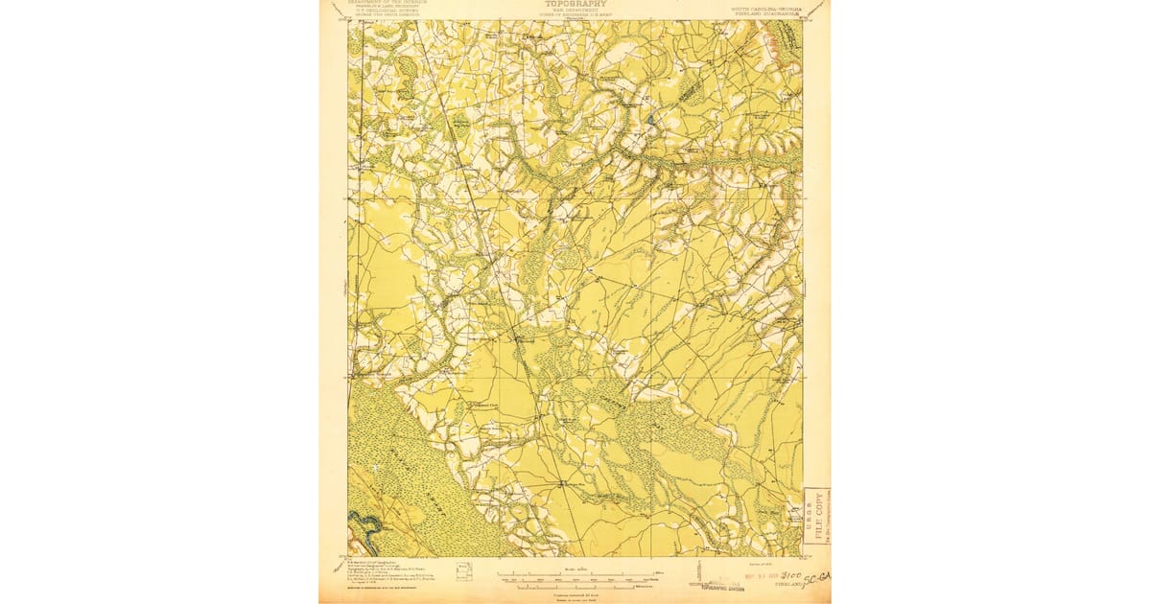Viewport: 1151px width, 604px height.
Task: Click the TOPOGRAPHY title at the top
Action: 575,4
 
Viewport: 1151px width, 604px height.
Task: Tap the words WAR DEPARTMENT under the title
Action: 575,12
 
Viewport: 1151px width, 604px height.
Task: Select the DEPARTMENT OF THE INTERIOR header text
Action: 388,3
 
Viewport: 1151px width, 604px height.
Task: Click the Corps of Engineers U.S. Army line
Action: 575,16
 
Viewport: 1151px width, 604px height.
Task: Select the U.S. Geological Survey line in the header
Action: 388,12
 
